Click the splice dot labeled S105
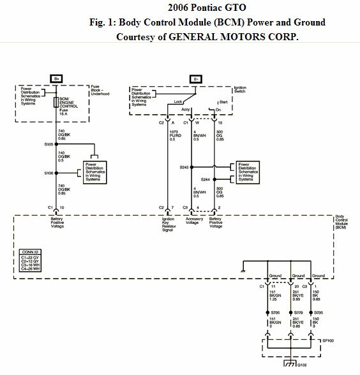[56, 145]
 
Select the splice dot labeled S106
[56, 173]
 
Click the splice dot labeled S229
[291, 312]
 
